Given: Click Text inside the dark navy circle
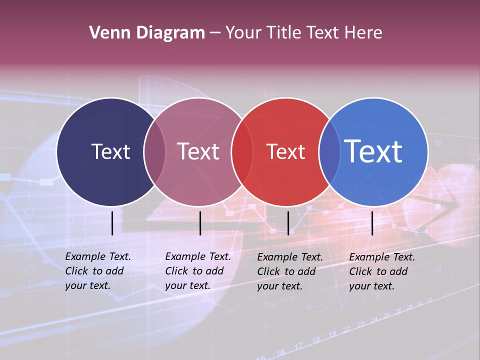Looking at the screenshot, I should [x=110, y=151].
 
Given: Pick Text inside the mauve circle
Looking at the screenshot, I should [x=198, y=151].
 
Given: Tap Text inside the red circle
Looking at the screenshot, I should [x=286, y=151].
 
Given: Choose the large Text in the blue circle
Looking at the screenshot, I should [x=373, y=151].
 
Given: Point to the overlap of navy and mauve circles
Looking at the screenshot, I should [x=154, y=151].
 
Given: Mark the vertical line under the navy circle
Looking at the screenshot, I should [x=112, y=223].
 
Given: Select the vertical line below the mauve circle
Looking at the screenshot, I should [x=200, y=223].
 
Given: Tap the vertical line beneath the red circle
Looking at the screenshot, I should [x=288, y=223].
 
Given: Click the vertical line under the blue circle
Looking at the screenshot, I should [x=372, y=223].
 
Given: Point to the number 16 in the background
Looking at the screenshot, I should [x=281, y=352].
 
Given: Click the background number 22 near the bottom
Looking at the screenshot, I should [x=346, y=329].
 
